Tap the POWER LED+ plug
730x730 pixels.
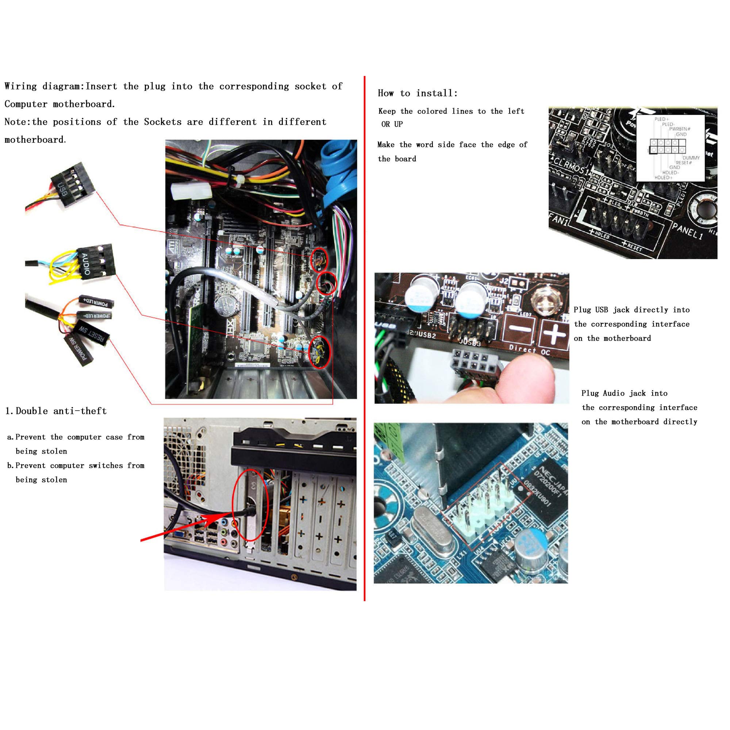click(x=96, y=302)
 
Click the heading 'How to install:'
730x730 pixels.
click(x=418, y=93)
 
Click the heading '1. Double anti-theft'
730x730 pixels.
click(x=56, y=411)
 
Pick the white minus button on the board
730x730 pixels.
click(x=520, y=329)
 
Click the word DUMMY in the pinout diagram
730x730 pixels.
click(x=691, y=158)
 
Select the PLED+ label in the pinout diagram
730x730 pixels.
click(x=662, y=119)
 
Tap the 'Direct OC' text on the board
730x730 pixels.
click(x=529, y=350)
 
